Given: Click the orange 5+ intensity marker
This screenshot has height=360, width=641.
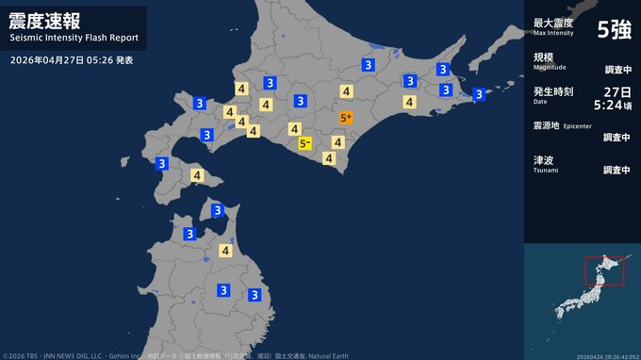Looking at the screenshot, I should click(346, 118).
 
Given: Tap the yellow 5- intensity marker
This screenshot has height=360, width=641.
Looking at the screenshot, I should click(304, 143).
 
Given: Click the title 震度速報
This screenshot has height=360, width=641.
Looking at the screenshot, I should click(43, 22).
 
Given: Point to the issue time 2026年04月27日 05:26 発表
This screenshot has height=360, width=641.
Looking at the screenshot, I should click(72, 60).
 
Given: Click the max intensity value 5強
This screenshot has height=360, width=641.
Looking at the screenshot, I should click(615, 29).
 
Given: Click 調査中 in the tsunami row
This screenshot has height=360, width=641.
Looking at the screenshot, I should click(616, 171).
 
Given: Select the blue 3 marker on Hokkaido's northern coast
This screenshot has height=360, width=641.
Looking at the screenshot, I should click(367, 64).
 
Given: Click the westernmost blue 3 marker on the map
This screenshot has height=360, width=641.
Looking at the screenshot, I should click(162, 163).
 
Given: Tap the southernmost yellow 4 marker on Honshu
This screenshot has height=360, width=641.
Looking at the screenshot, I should click(226, 250).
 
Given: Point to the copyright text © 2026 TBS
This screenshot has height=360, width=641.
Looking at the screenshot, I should click(27, 355).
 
